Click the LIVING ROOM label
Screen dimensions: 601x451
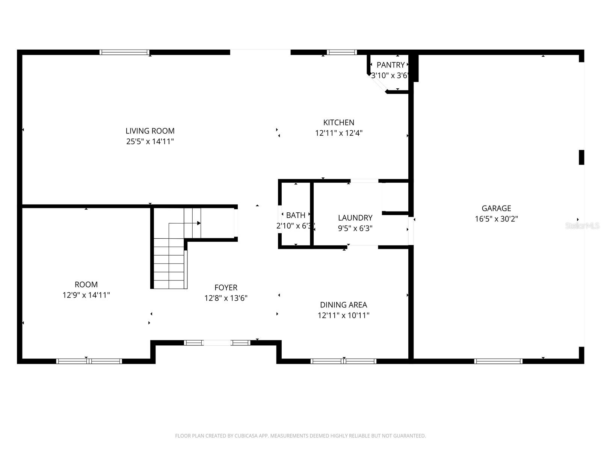[x=150, y=131]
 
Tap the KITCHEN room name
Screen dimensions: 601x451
[x=339, y=123]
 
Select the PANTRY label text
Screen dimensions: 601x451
[x=390, y=65]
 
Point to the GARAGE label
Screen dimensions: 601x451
[x=496, y=208]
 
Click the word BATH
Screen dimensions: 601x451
[x=296, y=215]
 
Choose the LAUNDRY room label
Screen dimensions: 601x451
[x=355, y=218]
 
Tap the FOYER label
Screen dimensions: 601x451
[x=226, y=288]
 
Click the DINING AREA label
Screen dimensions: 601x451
[x=344, y=305]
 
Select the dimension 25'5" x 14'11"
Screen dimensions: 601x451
[x=150, y=142]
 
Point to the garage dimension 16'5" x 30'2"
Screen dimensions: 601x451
[x=496, y=219]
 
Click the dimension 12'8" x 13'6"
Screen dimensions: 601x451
[x=226, y=298]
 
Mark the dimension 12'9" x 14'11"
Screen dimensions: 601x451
[x=86, y=295]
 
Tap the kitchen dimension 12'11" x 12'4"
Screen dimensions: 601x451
[x=339, y=133]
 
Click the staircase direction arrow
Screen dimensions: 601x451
[x=185, y=223]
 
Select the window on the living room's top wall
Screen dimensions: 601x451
[x=124, y=52]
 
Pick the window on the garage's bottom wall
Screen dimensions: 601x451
[x=498, y=361]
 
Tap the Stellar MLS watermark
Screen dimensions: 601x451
[x=582, y=225]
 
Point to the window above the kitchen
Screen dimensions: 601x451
[x=342, y=52]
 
